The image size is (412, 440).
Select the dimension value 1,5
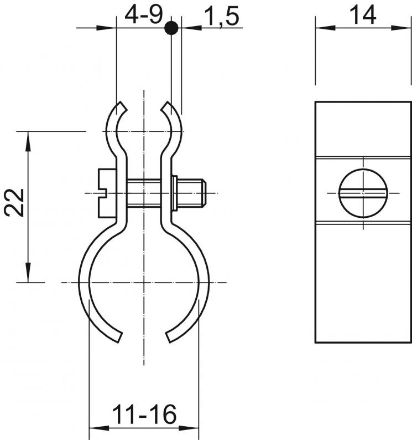click(x=222, y=16)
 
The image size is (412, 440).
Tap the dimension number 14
click(x=363, y=15)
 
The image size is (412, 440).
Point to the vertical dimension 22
click(x=14, y=202)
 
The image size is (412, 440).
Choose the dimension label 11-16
click(x=144, y=414)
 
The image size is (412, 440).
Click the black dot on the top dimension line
click(x=171, y=28)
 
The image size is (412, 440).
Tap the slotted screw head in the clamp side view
click(x=107, y=193)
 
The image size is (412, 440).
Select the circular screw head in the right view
click(x=363, y=193)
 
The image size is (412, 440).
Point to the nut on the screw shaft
click(x=174, y=193)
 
